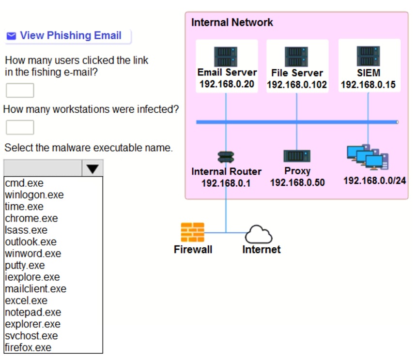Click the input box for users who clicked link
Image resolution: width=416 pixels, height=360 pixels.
pyautogui.click(x=20, y=90)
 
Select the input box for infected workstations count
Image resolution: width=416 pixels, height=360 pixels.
pyautogui.click(x=20, y=128)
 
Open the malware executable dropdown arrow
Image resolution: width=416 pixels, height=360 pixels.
pyautogui.click(x=92, y=168)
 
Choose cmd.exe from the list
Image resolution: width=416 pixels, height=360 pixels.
pyautogui.click(x=24, y=183)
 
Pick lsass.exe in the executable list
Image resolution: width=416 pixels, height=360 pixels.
pyautogui.click(x=26, y=230)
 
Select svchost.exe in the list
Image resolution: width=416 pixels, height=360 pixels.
pyautogui.click(x=31, y=336)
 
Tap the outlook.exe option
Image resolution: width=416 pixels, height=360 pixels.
pyautogui.click(x=31, y=242)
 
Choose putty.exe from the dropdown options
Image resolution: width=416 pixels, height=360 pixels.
pyautogui.click(x=25, y=266)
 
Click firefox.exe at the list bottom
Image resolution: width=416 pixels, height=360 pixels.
pyautogui.click(x=28, y=347)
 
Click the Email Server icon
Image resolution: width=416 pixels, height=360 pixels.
pyautogui.click(x=226, y=57)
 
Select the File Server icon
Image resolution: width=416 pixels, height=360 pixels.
pyautogui.click(x=296, y=57)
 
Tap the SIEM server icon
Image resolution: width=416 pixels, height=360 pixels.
pyautogui.click(x=368, y=56)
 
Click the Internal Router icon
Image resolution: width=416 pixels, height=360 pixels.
pyautogui.click(x=226, y=157)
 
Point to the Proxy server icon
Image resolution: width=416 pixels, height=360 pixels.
pyautogui.click(x=297, y=156)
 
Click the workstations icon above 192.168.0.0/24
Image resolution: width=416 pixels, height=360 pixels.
pyautogui.click(x=368, y=157)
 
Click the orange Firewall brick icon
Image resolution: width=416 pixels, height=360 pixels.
pyautogui.click(x=192, y=232)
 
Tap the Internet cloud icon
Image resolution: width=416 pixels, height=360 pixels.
pyautogui.click(x=259, y=235)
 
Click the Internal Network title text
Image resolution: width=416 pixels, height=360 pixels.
pyautogui.click(x=232, y=23)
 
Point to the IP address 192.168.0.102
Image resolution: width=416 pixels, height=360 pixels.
pyautogui.click(x=297, y=85)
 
